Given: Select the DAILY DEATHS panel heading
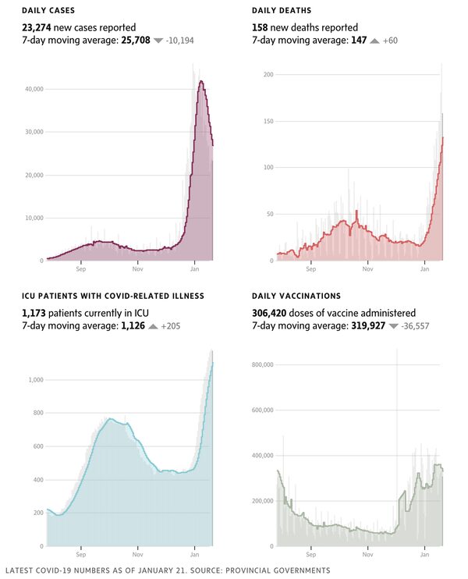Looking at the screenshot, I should (282, 11).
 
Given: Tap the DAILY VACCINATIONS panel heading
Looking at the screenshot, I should (296, 297).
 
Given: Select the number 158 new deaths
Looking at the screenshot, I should (262, 27).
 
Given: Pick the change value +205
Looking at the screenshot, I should (171, 325).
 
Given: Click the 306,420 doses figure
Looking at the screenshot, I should (274, 312).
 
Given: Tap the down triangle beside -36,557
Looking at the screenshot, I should (393, 325).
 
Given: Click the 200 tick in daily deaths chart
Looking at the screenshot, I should (268, 74).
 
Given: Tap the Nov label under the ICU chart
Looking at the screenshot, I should (137, 555).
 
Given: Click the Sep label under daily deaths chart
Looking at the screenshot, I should (310, 269).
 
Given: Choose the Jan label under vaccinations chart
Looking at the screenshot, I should (424, 555).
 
